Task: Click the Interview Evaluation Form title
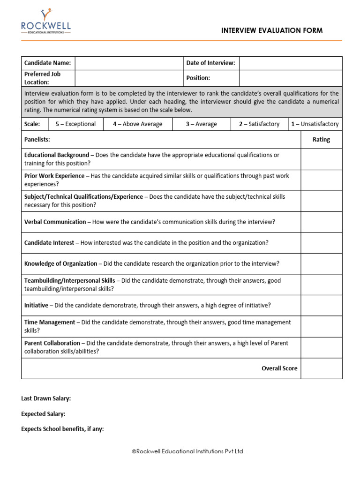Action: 272,31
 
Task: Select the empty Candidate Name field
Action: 128,63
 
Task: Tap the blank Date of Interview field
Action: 291,63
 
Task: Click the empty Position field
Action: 291,78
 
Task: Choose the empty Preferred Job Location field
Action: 128,78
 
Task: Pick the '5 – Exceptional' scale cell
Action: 75,124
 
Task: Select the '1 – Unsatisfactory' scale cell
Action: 315,124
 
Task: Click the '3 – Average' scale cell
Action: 201,124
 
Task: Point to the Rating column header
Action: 321,140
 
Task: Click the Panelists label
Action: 37,140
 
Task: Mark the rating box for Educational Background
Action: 321,159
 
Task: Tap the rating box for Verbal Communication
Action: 321,222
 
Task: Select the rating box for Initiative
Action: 321,305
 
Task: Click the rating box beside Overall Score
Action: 321,368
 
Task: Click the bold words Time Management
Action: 50,322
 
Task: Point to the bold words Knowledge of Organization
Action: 60,263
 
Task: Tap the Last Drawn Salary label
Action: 46,398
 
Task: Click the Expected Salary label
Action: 43,414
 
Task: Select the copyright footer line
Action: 188,451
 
